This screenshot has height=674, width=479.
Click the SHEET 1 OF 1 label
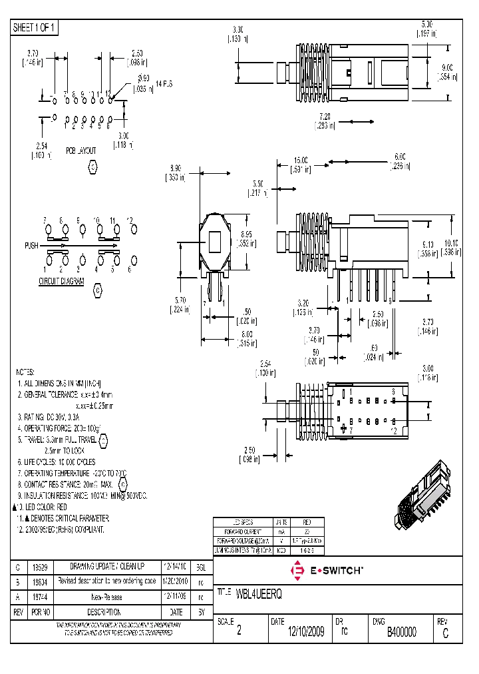coord(35,28)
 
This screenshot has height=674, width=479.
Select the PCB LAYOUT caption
coord(80,151)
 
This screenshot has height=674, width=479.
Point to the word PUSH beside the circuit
coord(32,246)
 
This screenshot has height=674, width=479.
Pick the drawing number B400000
coord(402,632)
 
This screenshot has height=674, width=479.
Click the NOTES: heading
coord(25,372)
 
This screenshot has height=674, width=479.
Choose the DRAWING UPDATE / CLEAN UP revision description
coord(107,566)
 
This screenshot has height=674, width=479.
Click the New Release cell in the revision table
coord(107,597)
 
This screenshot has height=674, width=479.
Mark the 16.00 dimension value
coord(301,160)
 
